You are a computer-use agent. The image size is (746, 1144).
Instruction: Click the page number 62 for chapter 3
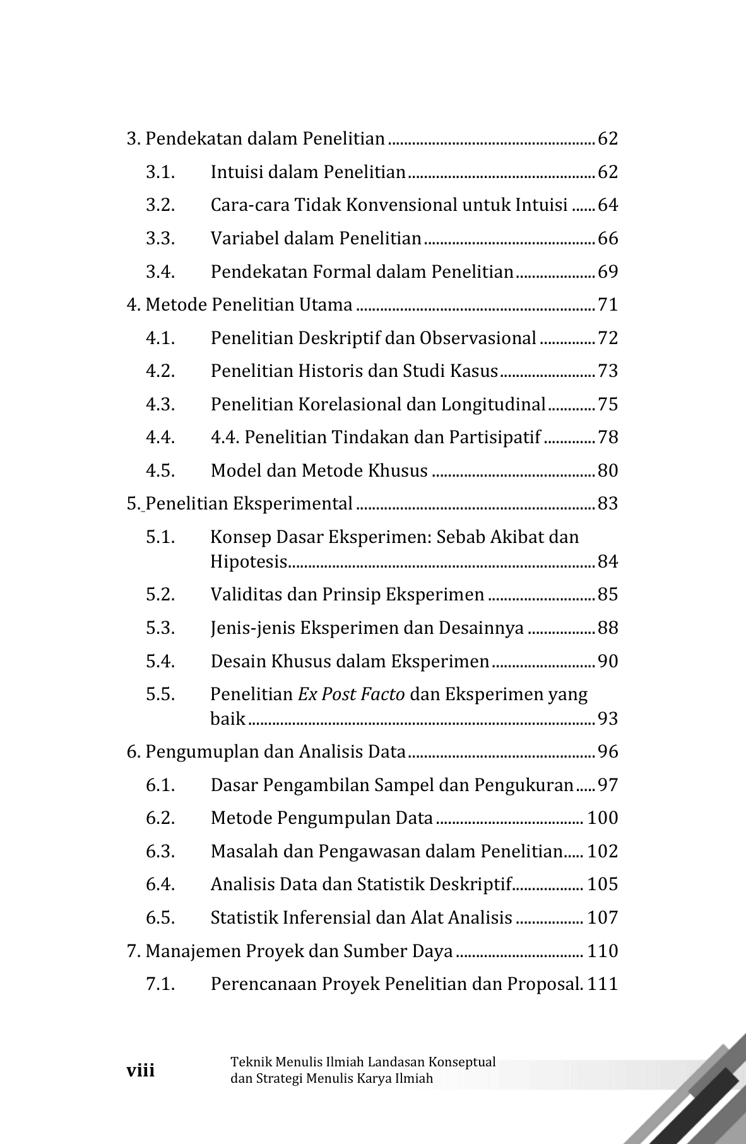(x=607, y=139)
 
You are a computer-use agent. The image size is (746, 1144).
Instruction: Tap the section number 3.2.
(x=160, y=205)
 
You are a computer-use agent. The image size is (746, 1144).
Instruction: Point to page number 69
(x=607, y=272)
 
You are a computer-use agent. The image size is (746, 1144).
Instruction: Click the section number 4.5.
(x=160, y=471)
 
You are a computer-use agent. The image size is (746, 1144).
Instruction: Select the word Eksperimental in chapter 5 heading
(x=292, y=504)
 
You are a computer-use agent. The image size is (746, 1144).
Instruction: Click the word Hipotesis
(x=249, y=562)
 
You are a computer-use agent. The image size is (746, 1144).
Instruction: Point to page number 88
(x=607, y=628)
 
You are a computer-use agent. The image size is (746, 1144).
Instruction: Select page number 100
(x=602, y=818)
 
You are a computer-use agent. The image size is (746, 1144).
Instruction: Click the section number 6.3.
(x=160, y=852)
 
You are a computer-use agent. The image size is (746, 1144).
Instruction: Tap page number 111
(x=602, y=984)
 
